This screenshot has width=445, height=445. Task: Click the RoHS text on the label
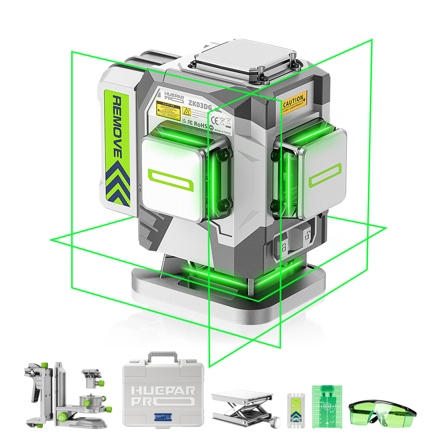(x=200, y=125)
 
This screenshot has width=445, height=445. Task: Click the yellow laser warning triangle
(x=187, y=111)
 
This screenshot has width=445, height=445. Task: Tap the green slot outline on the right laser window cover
(x=325, y=177)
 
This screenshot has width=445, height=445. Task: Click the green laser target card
(x=327, y=406)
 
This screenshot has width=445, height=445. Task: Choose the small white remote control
(x=295, y=410)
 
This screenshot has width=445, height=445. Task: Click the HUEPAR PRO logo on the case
(x=164, y=396)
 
